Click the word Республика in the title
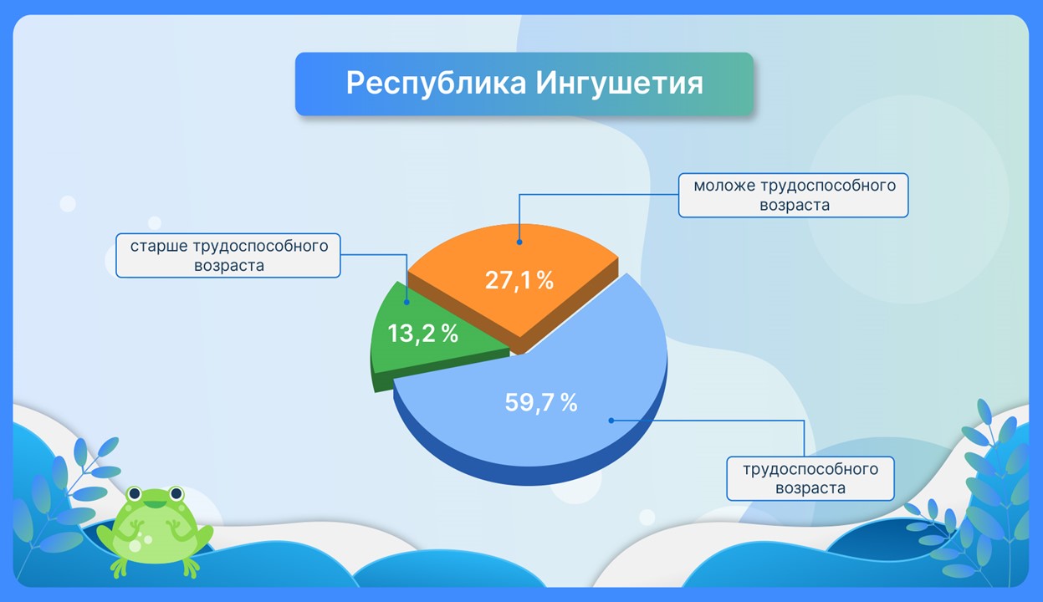point(436,84)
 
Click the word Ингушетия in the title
point(619,84)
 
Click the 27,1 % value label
point(519,280)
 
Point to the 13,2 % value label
point(422,334)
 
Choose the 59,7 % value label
point(541,402)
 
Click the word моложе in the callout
point(724,186)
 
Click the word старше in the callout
point(159,246)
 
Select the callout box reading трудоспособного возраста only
point(810,478)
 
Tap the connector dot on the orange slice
point(519,242)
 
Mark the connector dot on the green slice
point(406,302)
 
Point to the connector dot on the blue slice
point(611,421)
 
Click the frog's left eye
point(135,493)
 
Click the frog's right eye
point(176,493)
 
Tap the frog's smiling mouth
point(156,504)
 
